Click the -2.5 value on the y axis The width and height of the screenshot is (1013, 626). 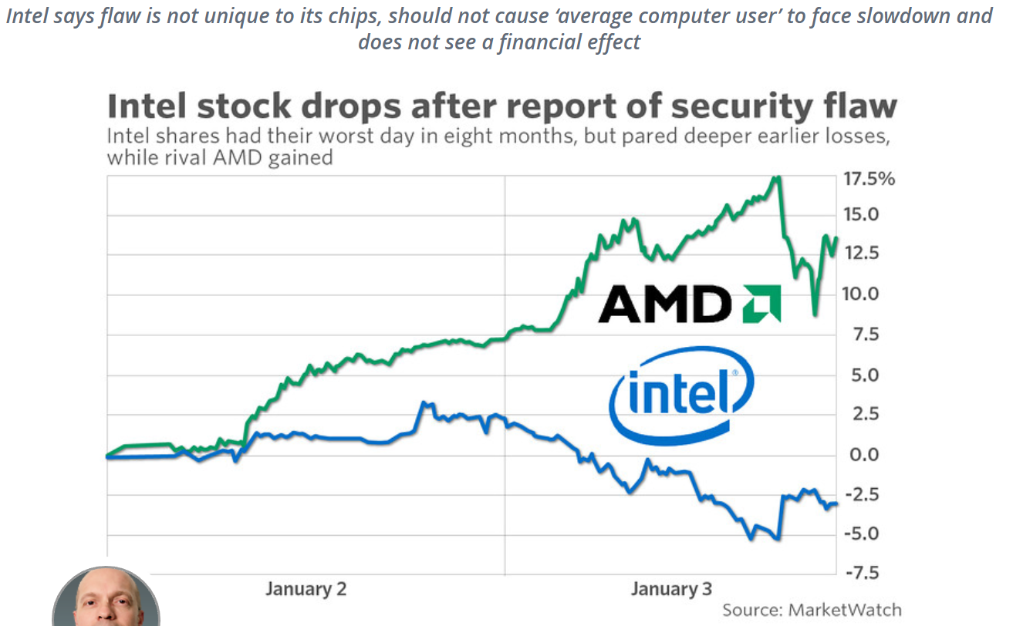coord(863,494)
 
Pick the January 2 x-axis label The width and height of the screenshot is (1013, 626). coord(306,590)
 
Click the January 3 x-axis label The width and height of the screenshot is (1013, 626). coord(671,590)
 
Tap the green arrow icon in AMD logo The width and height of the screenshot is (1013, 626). coord(761,303)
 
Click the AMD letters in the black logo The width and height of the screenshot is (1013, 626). coord(664,303)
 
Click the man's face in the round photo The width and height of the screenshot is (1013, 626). coord(106,601)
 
